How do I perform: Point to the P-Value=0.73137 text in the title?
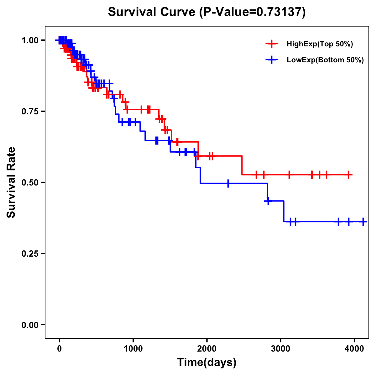click(253, 12)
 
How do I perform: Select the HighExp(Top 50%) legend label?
click(320, 44)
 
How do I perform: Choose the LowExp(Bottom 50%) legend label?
click(325, 60)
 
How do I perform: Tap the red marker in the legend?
click(272, 44)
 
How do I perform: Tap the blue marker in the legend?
click(272, 60)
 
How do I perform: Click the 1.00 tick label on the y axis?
click(30, 40)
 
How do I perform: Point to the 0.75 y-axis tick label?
click(30, 111)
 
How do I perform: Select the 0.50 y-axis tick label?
click(30, 182)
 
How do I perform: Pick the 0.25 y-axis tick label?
click(30, 253)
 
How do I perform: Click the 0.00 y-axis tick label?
click(30, 325)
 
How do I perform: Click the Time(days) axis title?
click(207, 363)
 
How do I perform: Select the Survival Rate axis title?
click(11, 182)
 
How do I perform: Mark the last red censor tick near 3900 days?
click(348, 175)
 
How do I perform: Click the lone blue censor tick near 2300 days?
click(228, 184)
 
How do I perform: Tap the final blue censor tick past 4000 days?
click(363, 222)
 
